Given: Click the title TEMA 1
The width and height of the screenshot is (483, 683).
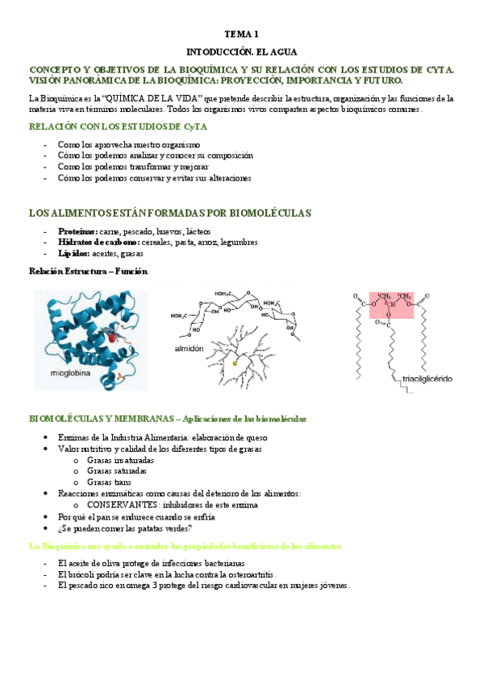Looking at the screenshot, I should [x=241, y=35].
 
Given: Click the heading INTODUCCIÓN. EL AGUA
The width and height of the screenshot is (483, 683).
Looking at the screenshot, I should [x=241, y=51].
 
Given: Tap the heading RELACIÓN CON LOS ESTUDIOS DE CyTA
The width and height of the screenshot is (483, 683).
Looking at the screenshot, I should [x=118, y=126].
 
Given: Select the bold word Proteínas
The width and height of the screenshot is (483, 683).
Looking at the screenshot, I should [x=78, y=231].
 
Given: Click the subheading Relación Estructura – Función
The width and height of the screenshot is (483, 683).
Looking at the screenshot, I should [x=88, y=271].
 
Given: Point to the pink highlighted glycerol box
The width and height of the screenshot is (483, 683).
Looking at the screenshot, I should [x=391, y=304].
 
